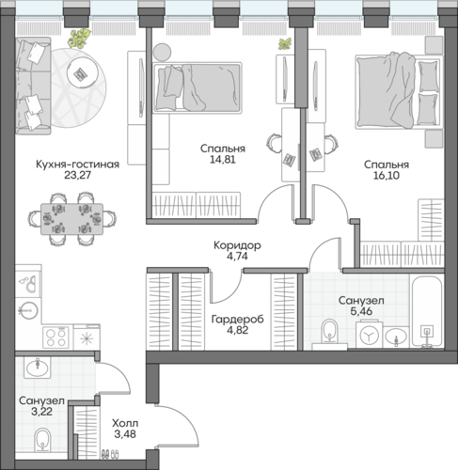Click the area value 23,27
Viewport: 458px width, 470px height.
(77, 175)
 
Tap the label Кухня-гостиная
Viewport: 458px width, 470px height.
(77, 164)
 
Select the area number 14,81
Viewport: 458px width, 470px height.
(223, 160)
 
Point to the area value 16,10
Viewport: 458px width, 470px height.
(387, 176)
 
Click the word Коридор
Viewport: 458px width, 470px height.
(237, 245)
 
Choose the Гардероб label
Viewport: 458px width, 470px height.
(237, 320)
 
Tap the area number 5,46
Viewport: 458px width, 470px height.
(361, 311)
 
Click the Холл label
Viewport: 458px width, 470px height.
(125, 424)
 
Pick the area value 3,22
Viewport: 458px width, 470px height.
(41, 412)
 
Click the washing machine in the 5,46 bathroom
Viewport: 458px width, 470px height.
(370, 334)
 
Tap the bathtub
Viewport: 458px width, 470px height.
(427, 312)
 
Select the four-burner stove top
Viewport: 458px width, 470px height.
(55, 337)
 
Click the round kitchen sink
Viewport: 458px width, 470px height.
(28, 311)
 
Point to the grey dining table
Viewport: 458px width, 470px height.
(71, 219)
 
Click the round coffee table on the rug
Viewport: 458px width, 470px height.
(81, 74)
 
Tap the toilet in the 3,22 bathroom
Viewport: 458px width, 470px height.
(42, 440)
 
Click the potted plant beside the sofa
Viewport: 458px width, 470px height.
(80, 39)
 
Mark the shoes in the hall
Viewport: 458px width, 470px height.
(110, 454)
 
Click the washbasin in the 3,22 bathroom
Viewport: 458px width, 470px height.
(38, 368)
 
